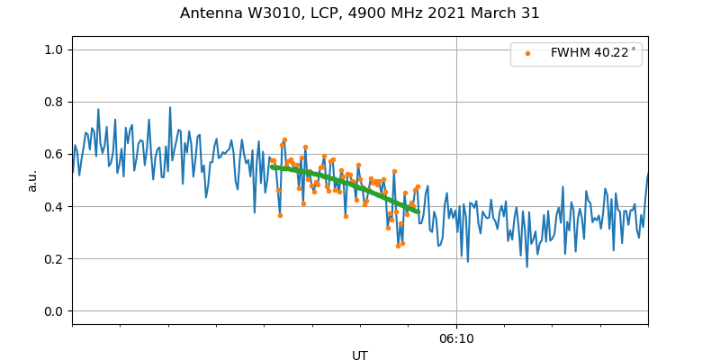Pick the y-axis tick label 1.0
click(55, 49)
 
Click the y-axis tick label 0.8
click(55, 102)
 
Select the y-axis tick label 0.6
click(55, 154)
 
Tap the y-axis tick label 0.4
click(55, 207)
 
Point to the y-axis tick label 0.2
click(55, 259)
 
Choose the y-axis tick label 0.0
click(55, 311)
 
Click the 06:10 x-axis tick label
click(456, 339)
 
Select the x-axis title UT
click(360, 355)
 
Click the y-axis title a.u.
click(32, 180)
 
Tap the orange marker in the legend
click(527, 53)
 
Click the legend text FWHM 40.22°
click(593, 53)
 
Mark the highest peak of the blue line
click(169, 108)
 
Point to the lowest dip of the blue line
click(527, 266)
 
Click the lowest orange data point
click(398, 246)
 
